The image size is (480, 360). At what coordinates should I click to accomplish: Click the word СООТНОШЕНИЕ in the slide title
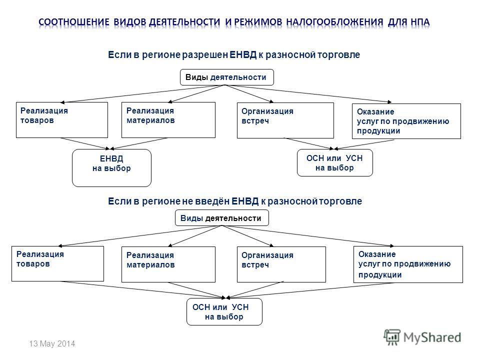click(x=74, y=22)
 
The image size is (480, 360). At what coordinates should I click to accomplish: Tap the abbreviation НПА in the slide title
click(x=420, y=22)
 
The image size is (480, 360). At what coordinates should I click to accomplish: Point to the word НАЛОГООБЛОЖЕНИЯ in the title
click(x=334, y=22)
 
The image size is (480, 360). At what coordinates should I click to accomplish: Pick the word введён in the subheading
click(x=214, y=201)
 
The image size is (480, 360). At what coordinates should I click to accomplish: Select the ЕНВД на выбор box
click(x=111, y=168)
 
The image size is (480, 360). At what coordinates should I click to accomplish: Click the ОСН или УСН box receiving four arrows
click(x=224, y=311)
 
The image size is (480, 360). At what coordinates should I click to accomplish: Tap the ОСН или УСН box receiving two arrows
click(x=335, y=163)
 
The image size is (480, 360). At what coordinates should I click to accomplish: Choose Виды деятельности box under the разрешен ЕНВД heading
click(x=227, y=77)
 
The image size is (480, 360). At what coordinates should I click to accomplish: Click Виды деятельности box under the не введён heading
click(x=222, y=218)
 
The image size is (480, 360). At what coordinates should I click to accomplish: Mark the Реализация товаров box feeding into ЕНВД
click(x=62, y=120)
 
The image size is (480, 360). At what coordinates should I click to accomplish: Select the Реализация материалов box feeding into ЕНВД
click(x=168, y=120)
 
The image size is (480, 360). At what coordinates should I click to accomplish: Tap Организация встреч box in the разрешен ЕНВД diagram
click(x=285, y=120)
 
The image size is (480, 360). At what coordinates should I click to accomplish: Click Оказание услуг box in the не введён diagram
click(x=408, y=264)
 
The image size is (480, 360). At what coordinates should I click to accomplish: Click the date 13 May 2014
click(x=52, y=344)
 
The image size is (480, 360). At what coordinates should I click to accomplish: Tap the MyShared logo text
click(x=432, y=337)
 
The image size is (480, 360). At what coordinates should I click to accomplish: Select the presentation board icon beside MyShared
click(x=392, y=337)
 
